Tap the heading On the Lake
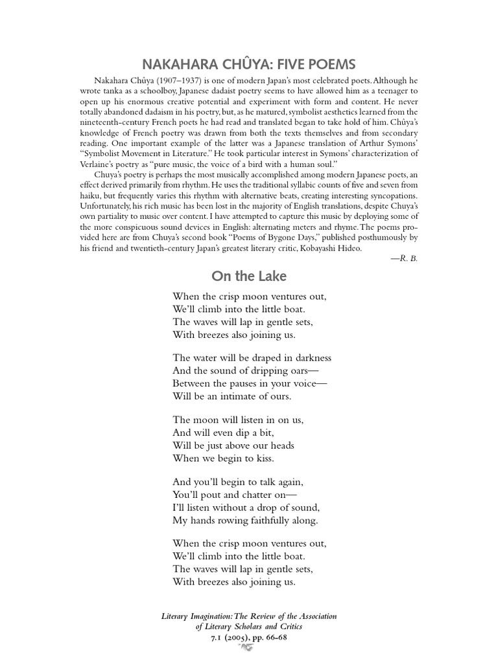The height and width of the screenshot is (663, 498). [x=248, y=276]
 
